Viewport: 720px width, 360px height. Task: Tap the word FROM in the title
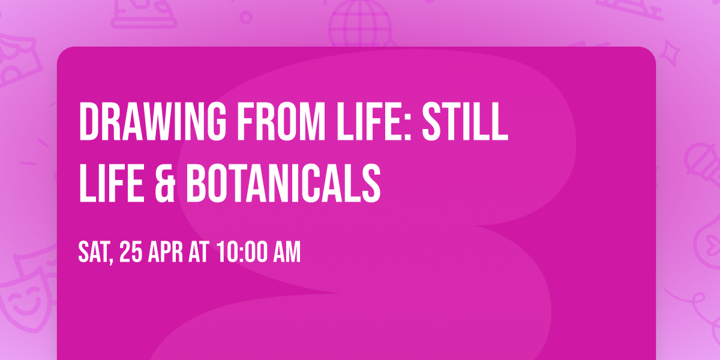281,121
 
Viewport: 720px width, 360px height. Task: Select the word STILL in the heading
465,121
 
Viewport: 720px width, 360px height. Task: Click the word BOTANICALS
283,183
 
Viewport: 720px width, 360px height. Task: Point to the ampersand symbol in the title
165,183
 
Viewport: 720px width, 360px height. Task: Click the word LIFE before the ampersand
112,183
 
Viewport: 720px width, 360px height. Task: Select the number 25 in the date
131,253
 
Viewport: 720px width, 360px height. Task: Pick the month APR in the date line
165,253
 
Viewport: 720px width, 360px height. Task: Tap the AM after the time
287,253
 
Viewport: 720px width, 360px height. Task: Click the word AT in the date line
199,253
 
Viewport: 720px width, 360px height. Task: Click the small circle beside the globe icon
246,17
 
